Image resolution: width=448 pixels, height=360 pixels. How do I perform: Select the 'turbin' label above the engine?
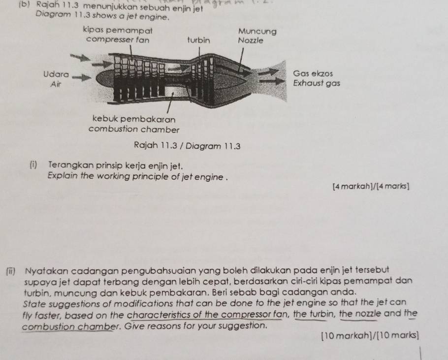(x=198, y=40)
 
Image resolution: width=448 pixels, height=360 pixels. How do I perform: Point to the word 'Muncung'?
(x=257, y=31)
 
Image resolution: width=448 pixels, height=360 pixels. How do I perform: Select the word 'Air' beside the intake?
(x=56, y=84)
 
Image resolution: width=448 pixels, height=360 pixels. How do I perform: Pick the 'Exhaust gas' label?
(x=316, y=83)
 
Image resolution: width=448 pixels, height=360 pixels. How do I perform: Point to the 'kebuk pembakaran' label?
(x=134, y=119)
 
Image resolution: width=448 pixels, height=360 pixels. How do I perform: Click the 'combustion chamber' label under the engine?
(x=133, y=129)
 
